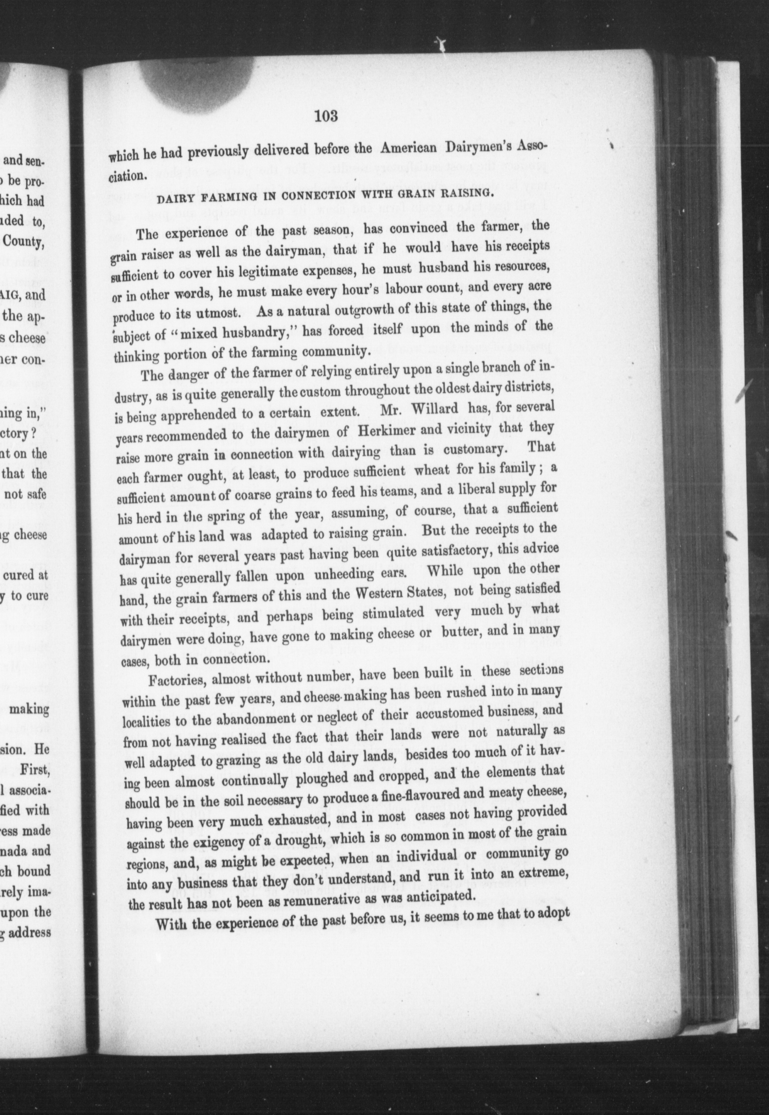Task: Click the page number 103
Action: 326,116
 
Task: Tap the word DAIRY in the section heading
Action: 172,198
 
